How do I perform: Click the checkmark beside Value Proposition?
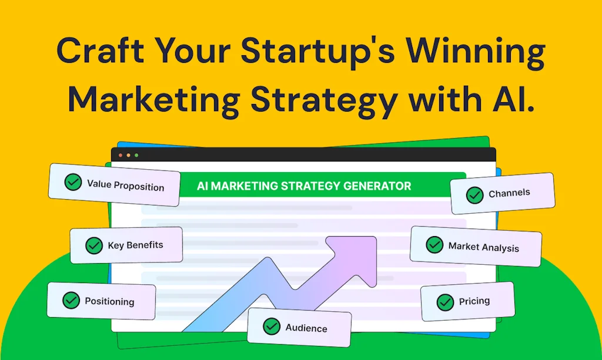[73, 182]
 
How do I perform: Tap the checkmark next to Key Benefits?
[94, 245]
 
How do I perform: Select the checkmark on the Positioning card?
[71, 301]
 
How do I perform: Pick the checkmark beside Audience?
[272, 327]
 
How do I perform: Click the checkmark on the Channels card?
[474, 195]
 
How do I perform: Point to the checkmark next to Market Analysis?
[434, 244]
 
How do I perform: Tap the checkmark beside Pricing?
[445, 302]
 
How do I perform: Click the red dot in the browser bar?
[121, 155]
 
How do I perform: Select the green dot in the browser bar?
[136, 155]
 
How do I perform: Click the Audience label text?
[306, 328]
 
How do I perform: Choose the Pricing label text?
[474, 301]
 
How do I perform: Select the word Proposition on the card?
[139, 187]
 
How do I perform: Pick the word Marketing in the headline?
[152, 100]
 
